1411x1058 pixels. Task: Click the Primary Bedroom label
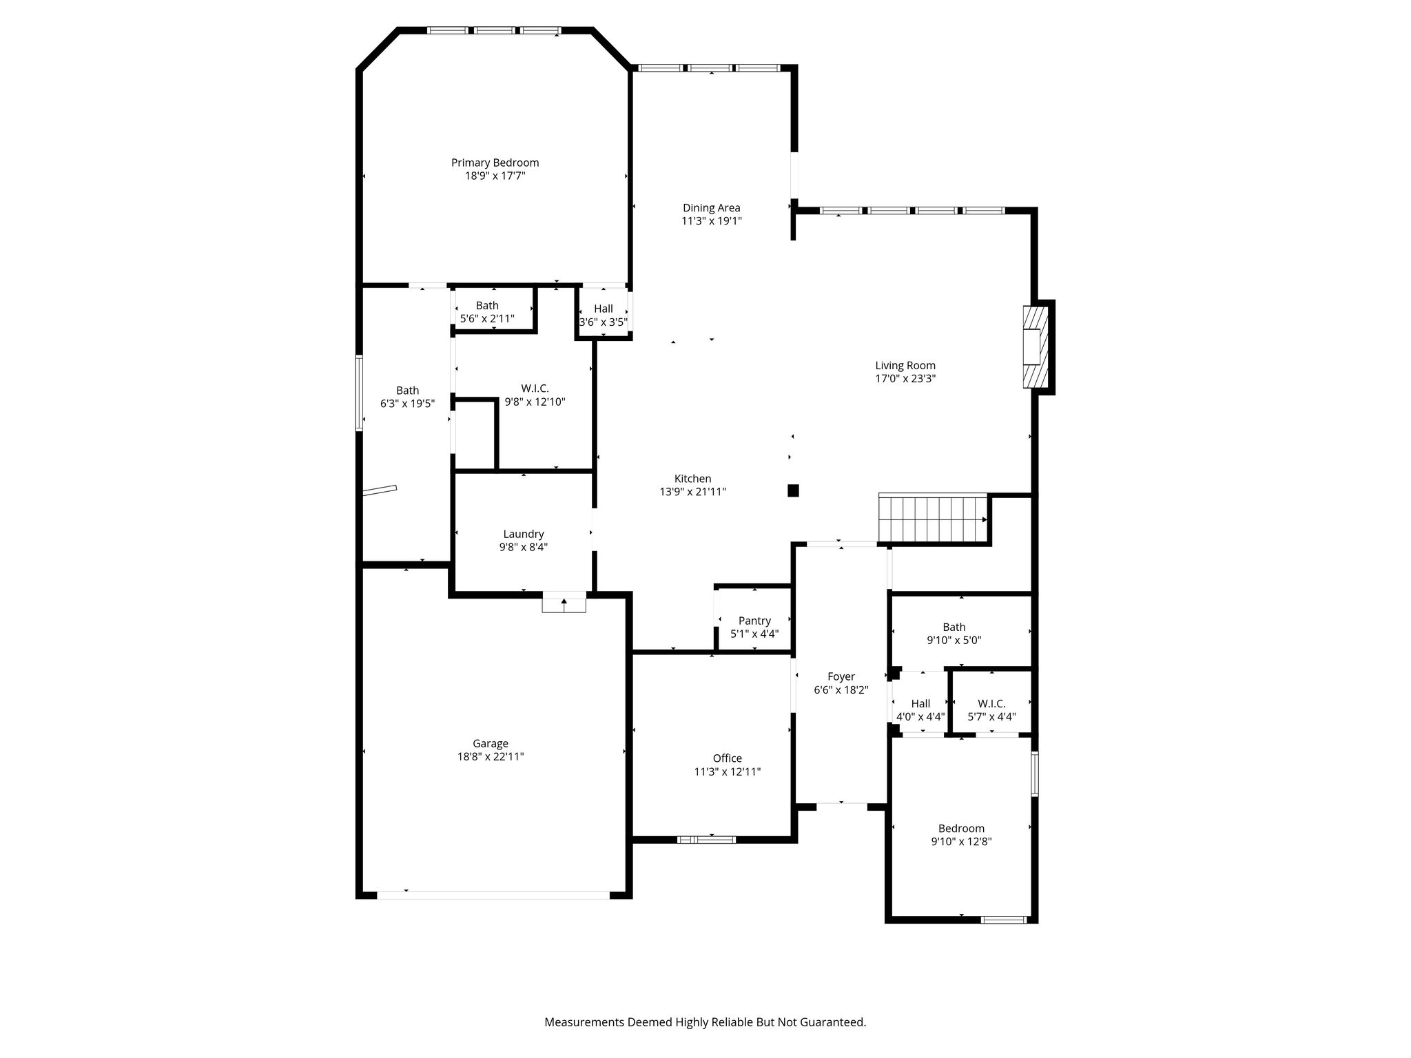495,163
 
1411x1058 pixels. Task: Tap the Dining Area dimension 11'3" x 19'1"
712,221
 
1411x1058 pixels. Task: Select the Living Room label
905,366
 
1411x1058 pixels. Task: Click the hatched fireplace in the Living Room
1036,347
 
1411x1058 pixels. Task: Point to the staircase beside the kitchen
934,519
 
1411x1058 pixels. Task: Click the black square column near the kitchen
793,490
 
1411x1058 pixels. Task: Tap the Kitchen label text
692,479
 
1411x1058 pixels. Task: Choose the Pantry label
754,621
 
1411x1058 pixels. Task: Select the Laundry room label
524,534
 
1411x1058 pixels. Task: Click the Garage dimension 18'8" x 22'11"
491,756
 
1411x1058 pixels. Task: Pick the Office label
728,758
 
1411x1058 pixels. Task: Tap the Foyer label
841,677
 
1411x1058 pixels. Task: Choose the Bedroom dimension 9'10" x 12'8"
961,841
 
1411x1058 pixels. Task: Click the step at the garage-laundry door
564,602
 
